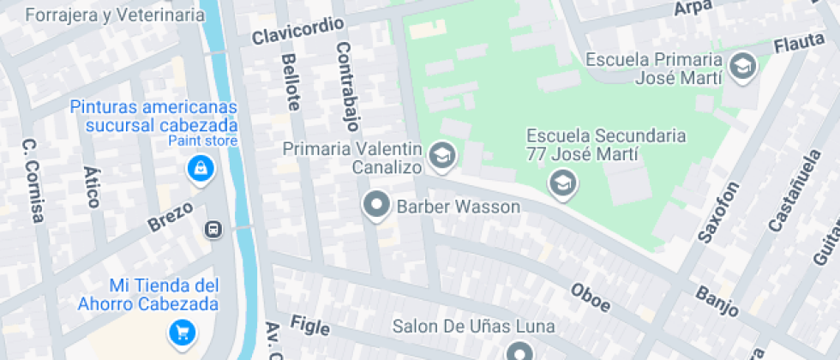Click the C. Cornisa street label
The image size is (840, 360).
32,181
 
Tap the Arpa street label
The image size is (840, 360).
693,8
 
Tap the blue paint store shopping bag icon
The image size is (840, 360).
200,169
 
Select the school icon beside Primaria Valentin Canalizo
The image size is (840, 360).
442,155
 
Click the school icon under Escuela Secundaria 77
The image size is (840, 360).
562,183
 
